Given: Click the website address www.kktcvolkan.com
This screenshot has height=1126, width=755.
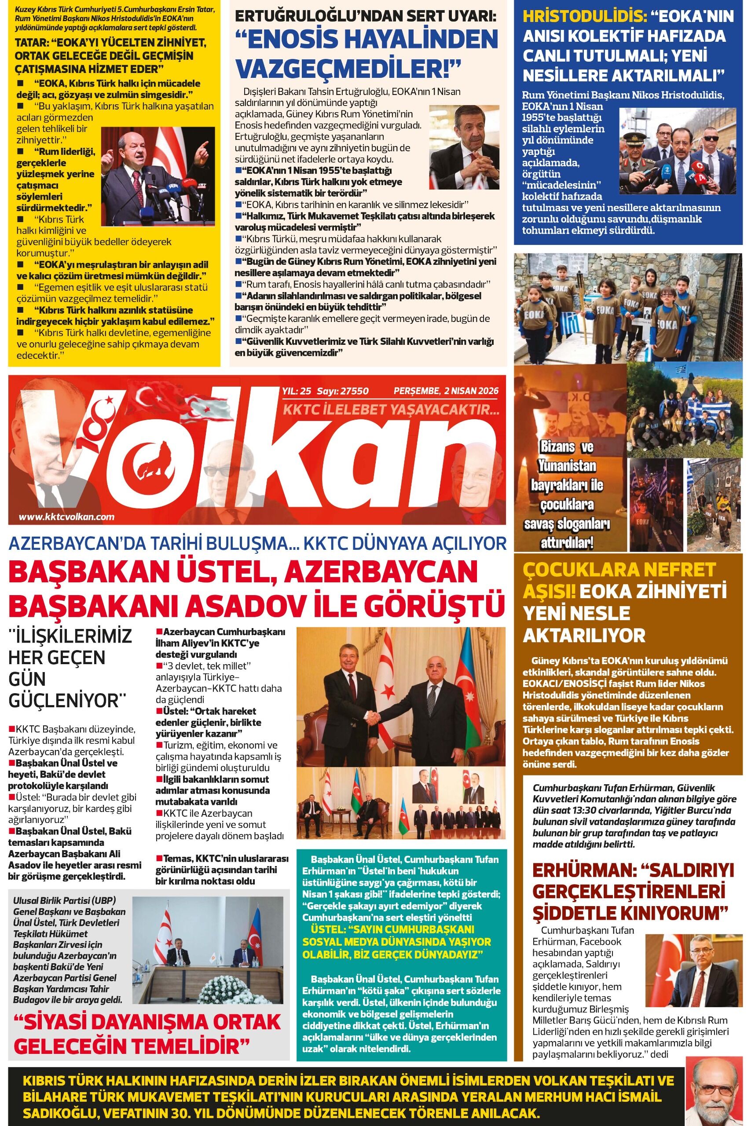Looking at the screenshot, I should [67, 516].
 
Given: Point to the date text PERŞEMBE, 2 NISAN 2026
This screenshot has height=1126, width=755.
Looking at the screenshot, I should [446, 391].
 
